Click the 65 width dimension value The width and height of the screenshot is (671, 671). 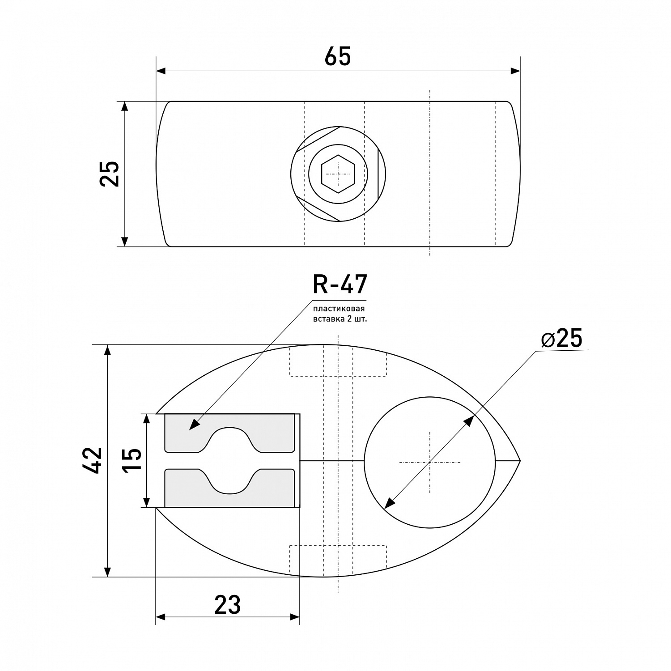point(338,57)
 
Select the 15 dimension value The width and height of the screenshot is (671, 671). point(133,460)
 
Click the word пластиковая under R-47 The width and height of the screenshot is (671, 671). point(339,309)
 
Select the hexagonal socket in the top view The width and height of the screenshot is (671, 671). point(338,174)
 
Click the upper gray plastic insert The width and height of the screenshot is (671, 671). point(229,433)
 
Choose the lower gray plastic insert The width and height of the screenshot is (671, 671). point(229,488)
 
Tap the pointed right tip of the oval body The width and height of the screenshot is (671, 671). point(520,460)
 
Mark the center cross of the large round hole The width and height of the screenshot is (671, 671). point(430,462)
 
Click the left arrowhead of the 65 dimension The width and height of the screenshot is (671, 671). point(161,71)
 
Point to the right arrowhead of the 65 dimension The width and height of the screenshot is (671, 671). point(515,71)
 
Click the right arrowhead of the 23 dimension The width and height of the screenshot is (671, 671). point(294,617)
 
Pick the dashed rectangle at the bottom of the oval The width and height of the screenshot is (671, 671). point(338,560)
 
